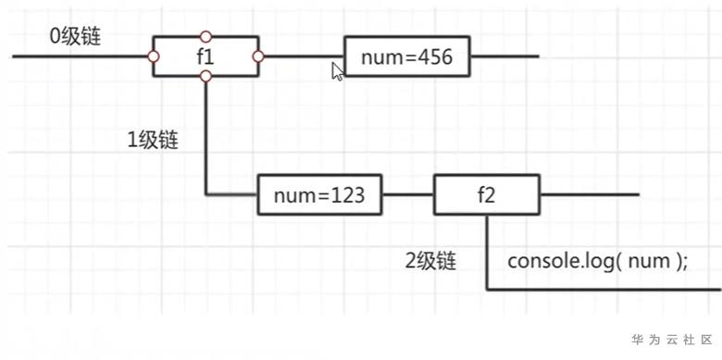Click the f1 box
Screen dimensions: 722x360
[205, 56]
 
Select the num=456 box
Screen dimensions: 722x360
[407, 56]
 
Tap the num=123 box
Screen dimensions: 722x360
[319, 194]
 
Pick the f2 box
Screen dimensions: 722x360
[486, 194]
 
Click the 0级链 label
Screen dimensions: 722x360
[75, 37]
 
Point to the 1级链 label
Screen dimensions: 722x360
[153, 141]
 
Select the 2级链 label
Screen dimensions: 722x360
[430, 262]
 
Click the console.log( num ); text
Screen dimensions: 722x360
[598, 262]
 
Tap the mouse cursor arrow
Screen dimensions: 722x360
[338, 72]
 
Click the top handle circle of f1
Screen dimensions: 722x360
[205, 36]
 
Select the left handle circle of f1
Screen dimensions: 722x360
[154, 56]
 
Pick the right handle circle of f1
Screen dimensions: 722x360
[258, 56]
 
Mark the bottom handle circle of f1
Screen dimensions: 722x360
[205, 77]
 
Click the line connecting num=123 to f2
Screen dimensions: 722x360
[408, 194]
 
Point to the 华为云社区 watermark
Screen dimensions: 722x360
[672, 341]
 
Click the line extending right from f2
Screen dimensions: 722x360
[590, 194]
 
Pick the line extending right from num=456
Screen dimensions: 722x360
[504, 56]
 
